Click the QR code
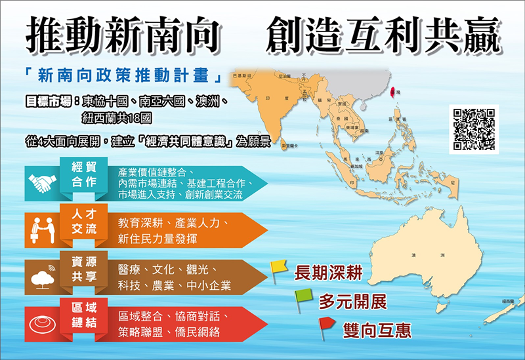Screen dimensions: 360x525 [472, 129]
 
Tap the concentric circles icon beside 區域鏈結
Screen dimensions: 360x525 [42, 323]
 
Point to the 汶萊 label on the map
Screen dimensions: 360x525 [379, 152]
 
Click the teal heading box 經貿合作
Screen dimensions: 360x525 [84, 175]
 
